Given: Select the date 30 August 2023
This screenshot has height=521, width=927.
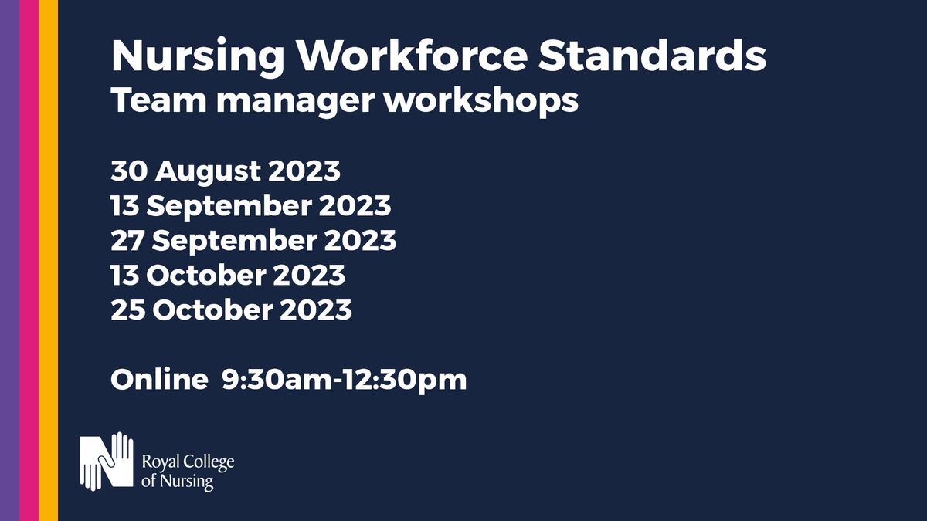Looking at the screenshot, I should click(226, 171).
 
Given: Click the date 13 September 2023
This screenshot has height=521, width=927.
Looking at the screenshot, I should click(251, 206).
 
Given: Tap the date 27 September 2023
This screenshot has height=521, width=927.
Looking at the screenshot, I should click(253, 241).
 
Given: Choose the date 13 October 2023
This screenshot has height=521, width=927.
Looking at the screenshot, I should click(228, 275).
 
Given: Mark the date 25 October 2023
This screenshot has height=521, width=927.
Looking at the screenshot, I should click(232, 310).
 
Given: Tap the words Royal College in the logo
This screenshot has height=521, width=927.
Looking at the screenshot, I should click(188, 463).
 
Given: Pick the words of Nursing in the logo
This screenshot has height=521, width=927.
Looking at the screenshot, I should click(178, 482).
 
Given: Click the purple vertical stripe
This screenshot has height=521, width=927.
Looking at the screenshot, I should click(9, 260).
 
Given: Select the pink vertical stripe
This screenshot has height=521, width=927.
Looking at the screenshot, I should click(29, 260).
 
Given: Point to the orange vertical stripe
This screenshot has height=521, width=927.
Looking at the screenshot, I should click(48, 260).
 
